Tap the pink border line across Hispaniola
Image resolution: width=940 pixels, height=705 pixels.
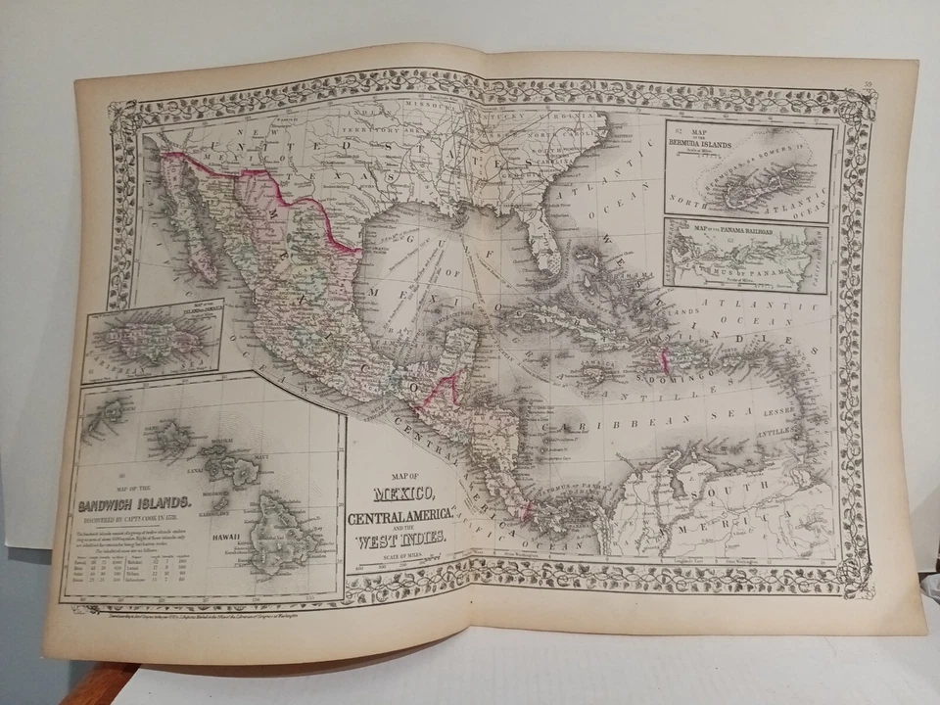pos(668,359)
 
